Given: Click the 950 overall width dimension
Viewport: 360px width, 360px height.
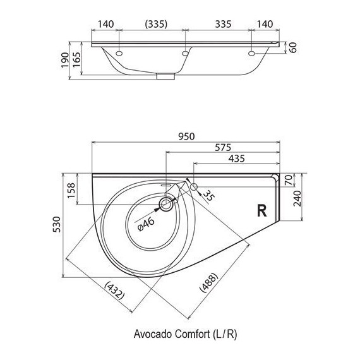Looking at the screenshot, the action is click(x=186, y=136).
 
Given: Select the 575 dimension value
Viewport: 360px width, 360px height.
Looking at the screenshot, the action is click(x=223, y=148).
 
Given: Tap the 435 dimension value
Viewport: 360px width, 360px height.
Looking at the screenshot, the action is click(x=236, y=159).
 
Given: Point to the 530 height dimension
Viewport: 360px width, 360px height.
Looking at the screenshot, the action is click(x=57, y=224).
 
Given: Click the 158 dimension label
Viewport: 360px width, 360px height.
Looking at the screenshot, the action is click(x=71, y=190).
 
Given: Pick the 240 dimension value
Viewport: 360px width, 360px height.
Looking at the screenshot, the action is click(x=297, y=198).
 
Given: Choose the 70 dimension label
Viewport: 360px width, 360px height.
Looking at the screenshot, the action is click(x=289, y=180).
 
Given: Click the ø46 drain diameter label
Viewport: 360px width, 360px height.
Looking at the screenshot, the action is click(x=146, y=224).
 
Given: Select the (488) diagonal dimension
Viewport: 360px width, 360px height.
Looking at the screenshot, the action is click(x=208, y=282).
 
